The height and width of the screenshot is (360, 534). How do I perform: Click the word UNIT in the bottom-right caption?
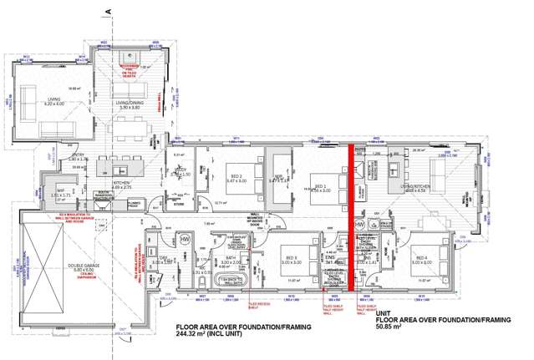coord(384,312)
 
